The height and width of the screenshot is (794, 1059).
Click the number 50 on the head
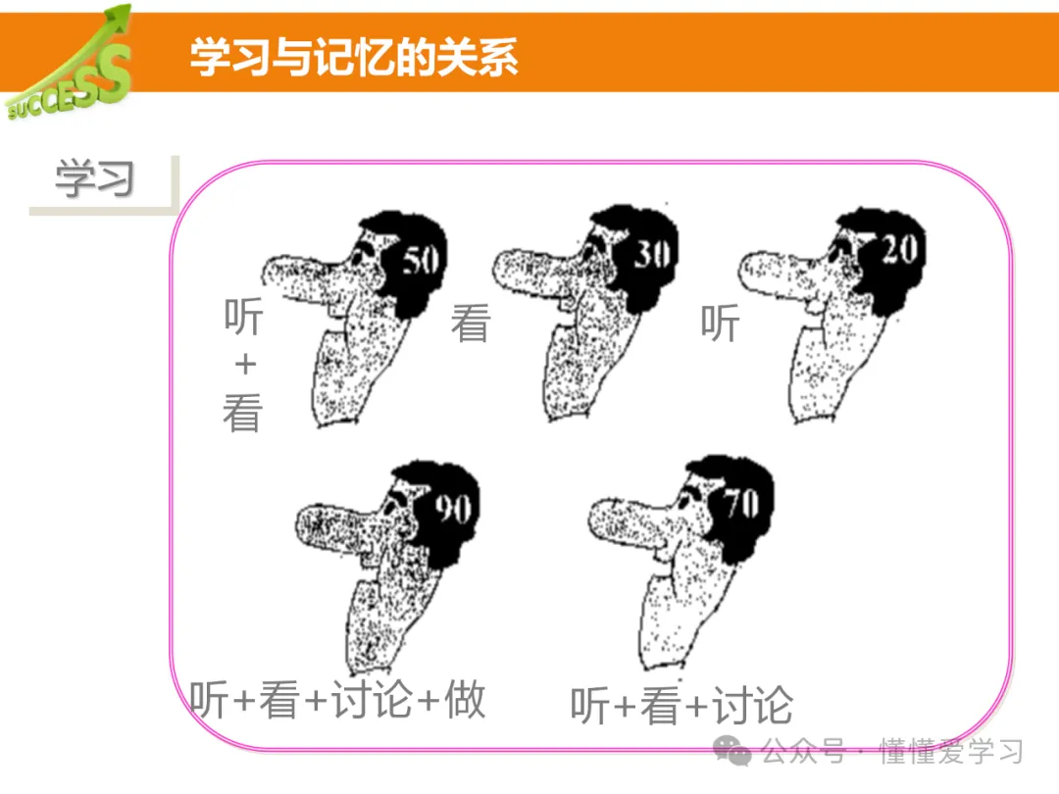[x=422, y=260]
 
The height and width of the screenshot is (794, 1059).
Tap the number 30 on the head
[x=652, y=255]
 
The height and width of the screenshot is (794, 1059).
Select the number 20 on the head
[x=900, y=248]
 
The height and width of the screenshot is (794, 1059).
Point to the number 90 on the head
[x=453, y=509]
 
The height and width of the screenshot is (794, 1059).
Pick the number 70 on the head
[x=742, y=504]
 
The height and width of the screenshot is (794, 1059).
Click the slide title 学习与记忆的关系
[x=354, y=57]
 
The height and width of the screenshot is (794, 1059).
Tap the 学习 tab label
[x=94, y=179]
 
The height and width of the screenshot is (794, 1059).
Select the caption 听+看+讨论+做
[x=337, y=700]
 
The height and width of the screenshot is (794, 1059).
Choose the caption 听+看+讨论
[x=682, y=706]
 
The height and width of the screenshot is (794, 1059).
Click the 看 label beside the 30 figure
[x=471, y=323]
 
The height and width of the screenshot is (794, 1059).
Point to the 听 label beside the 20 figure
[x=720, y=323]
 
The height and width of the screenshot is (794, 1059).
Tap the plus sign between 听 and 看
[x=245, y=365]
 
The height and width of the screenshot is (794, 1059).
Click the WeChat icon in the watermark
[x=732, y=750]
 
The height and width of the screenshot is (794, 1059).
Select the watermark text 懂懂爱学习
[x=951, y=752]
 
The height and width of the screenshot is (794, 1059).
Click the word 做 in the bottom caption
[x=466, y=699]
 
